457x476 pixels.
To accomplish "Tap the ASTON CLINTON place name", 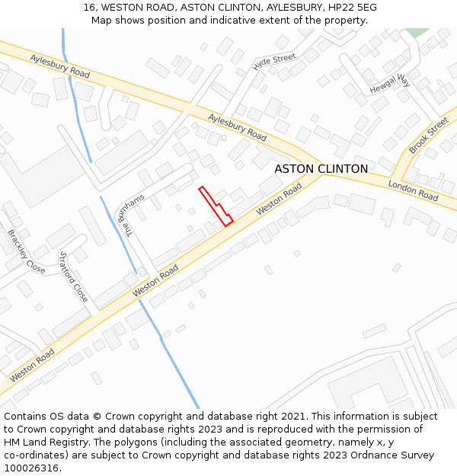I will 321,168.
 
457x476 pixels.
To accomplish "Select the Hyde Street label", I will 274,62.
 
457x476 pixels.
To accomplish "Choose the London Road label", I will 413,190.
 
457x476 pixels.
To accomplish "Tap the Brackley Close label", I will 26,251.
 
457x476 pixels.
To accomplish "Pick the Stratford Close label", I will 74,276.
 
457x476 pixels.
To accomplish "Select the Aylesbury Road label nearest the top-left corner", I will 60,66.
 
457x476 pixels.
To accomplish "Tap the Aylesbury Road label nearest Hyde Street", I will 238,128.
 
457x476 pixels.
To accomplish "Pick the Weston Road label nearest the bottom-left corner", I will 32,366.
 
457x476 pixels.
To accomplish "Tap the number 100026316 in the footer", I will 32,468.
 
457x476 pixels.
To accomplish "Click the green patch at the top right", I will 416,32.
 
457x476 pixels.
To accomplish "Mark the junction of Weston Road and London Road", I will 320,174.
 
